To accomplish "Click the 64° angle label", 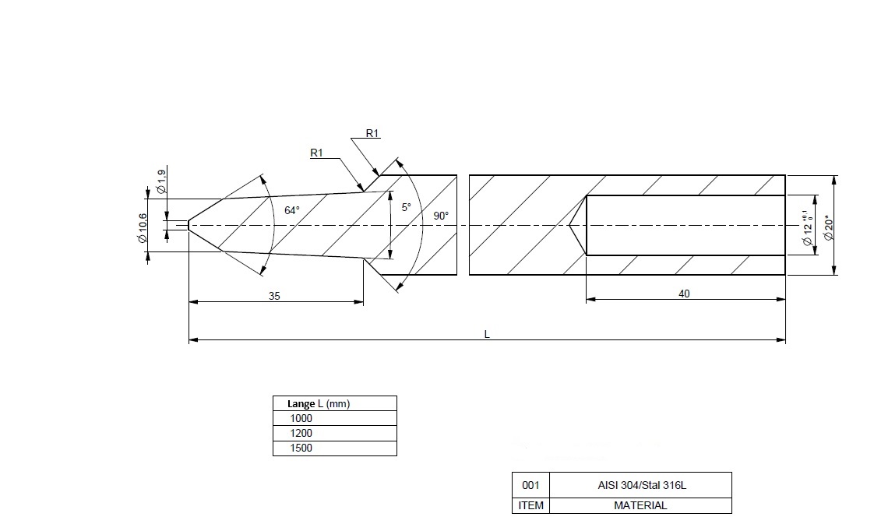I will tap(291, 210).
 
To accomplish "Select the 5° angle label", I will tap(406, 208).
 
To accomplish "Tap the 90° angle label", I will tap(441, 215).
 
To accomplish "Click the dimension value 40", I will tap(684, 294).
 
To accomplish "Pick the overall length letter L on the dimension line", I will tap(487, 334).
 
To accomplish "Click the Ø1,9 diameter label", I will tap(160, 181).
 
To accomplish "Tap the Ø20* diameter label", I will tap(829, 226).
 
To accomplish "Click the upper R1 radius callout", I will tap(372, 134).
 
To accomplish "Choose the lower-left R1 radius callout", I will tap(316, 153).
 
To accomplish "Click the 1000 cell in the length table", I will tap(301, 418).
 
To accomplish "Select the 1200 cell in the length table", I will tap(301, 433).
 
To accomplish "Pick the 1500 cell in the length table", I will tap(301, 448).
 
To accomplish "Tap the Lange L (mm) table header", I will tap(319, 403).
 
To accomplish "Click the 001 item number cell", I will tap(530, 485).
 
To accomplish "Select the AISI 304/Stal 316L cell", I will tap(640, 485).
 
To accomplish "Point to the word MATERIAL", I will tap(640, 505).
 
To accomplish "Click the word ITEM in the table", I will tap(530, 505).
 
